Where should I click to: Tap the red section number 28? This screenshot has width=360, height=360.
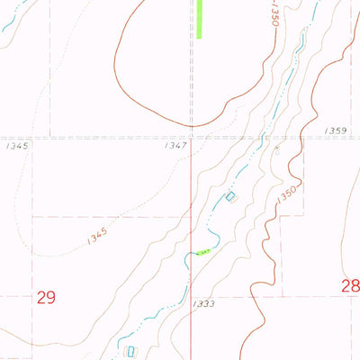350,286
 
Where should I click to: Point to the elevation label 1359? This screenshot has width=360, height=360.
335,131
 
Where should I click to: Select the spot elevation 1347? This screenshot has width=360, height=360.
176,144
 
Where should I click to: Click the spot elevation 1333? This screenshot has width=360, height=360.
203,304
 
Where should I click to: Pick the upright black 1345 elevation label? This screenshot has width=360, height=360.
18,144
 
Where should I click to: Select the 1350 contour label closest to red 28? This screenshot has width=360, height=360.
288,200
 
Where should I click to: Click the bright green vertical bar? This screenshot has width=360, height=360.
200,18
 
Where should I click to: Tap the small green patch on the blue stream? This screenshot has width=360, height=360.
205,252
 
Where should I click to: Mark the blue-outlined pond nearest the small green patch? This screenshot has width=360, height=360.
230,196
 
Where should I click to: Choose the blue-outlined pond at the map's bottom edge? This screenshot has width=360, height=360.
131,351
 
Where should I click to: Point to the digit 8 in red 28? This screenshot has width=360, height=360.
355,286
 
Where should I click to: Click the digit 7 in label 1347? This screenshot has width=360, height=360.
184,144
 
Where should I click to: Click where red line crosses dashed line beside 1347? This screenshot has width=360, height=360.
191,138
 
